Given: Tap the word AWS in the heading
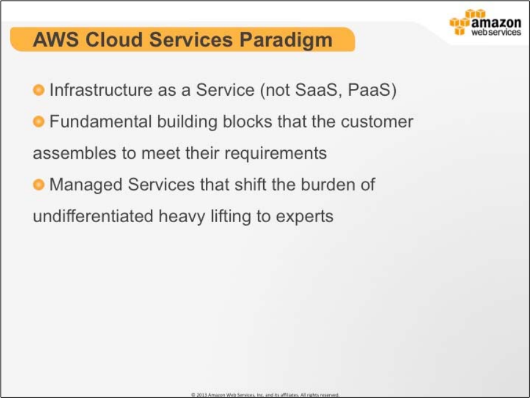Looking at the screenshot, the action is click(56, 40).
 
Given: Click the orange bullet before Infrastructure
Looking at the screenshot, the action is click(38, 90).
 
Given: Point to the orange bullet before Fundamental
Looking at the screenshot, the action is click(38, 121).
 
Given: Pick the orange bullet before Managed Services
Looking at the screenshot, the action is click(38, 184).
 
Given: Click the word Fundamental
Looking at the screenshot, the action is click(100, 121).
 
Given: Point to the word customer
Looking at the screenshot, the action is click(377, 122).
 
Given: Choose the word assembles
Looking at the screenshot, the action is click(74, 153).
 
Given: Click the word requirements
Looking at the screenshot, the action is click(275, 154).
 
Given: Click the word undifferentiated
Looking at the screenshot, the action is click(93, 216).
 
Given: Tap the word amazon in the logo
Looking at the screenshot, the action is click(496, 23).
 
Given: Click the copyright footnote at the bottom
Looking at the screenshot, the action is click(265, 394).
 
